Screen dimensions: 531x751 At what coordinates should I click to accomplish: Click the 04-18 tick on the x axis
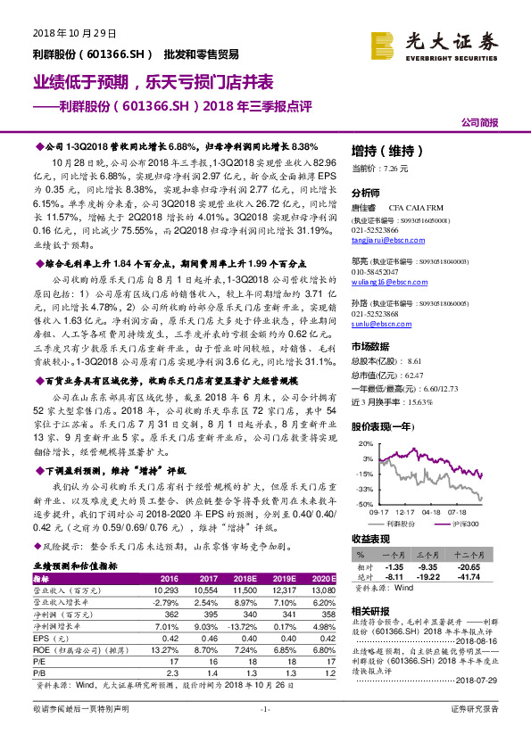coord(432,513)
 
